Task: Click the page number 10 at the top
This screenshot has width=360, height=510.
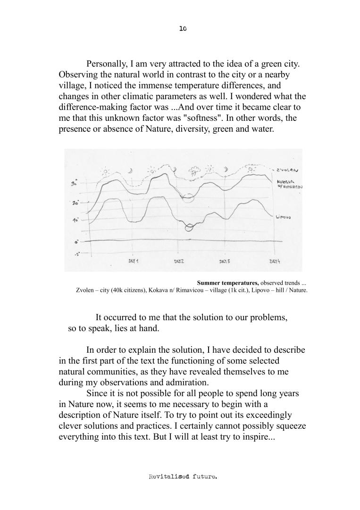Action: click(183, 29)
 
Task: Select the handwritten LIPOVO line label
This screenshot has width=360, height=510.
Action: click(283, 217)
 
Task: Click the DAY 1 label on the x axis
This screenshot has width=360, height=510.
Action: click(134, 261)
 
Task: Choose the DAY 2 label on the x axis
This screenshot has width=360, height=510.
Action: click(179, 261)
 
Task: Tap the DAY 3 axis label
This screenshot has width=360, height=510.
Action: click(225, 261)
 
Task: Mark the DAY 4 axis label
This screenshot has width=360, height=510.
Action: click(275, 261)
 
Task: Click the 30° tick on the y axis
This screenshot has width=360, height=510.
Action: click(74, 184)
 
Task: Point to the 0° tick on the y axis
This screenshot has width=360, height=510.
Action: click(76, 242)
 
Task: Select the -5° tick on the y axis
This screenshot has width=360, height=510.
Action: click(76, 254)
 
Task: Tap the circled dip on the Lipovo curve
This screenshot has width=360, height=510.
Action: click(189, 228)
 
